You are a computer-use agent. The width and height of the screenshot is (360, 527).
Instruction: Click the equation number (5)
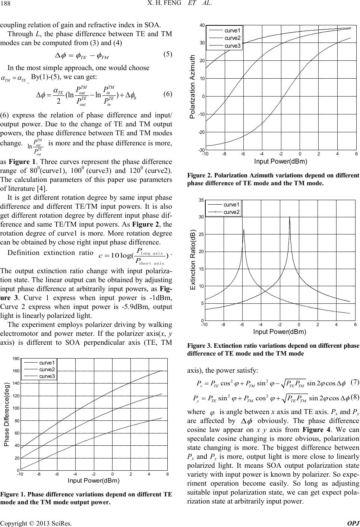[x=167, y=54]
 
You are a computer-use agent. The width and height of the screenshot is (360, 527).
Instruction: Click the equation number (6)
[x=167, y=95]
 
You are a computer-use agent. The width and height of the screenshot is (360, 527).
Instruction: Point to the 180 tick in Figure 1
[x=16, y=359]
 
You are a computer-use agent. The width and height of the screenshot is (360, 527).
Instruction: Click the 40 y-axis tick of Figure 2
[x=202, y=25]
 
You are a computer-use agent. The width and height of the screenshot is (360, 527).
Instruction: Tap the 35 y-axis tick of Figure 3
[x=201, y=200]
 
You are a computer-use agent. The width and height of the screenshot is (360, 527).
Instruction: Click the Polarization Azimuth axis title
[x=193, y=87]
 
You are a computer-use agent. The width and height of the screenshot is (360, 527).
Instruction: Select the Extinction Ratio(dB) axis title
[x=193, y=261]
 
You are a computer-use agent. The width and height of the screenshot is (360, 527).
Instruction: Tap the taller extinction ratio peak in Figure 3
[x=290, y=217]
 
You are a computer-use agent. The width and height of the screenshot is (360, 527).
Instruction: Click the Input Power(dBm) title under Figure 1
[x=94, y=480]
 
